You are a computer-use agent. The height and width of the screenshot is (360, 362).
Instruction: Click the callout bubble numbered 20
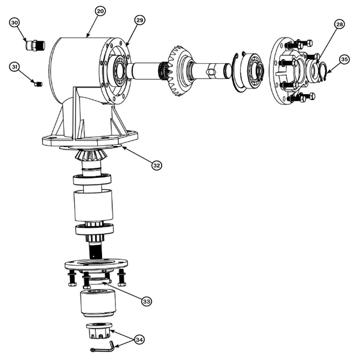point(100,11)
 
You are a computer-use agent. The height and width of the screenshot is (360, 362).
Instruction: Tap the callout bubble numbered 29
point(139,21)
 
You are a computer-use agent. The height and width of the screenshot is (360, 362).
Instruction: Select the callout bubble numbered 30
point(16,22)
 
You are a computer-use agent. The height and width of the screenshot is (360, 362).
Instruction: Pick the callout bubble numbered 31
point(16,66)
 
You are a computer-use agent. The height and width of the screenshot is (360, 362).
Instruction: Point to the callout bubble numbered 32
point(157,165)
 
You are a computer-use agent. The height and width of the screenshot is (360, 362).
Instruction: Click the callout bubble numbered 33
point(146,300)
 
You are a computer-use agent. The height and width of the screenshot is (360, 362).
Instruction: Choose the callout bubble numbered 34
point(140,340)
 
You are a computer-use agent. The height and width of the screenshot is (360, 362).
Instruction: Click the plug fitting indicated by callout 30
point(33,45)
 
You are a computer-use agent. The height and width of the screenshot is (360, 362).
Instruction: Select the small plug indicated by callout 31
point(37,84)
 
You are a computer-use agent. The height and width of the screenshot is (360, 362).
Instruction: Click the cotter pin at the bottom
point(105,349)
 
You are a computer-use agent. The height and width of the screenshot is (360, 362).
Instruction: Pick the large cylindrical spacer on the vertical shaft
point(93,206)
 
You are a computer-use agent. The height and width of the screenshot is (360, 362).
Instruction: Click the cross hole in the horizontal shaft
point(212,72)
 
